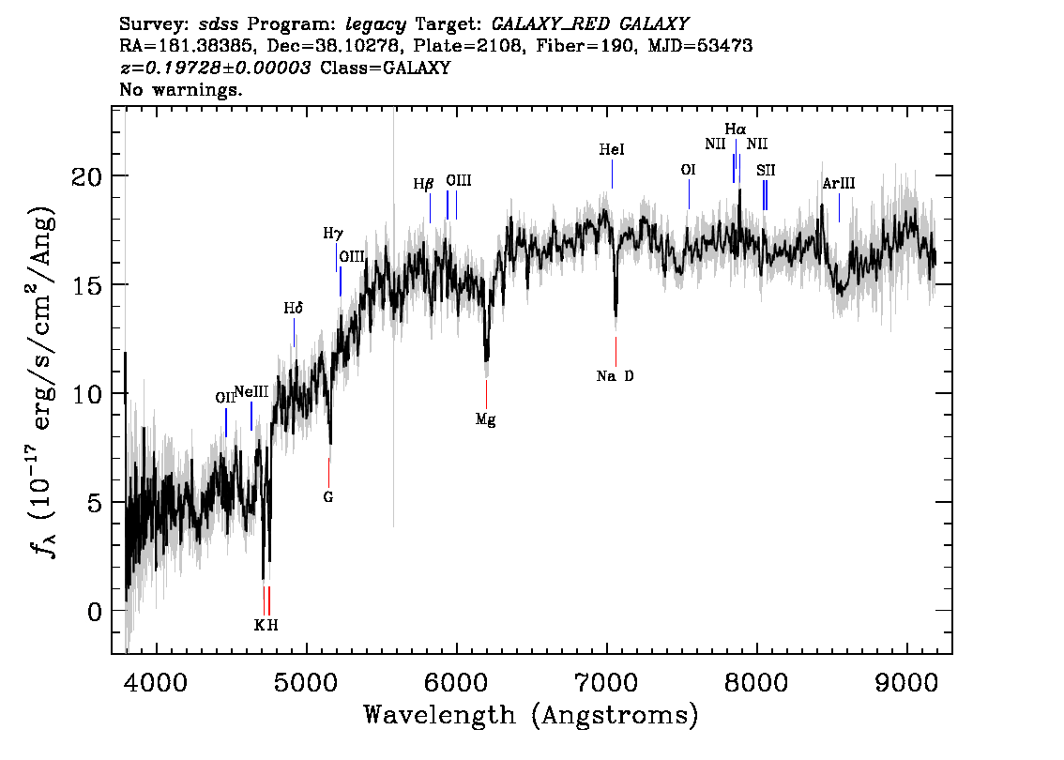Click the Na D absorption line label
click(615, 376)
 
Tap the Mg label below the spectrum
click(486, 420)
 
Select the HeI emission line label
click(612, 149)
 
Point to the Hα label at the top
click(736, 129)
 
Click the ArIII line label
click(839, 183)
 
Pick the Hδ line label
click(293, 308)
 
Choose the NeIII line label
click(251, 392)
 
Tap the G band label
click(328, 497)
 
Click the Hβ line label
click(423, 184)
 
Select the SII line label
click(766, 171)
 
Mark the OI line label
click(688, 170)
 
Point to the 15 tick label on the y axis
click(86, 285)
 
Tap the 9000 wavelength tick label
click(906, 682)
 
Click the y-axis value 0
click(95, 612)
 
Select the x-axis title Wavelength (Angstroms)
click(531, 715)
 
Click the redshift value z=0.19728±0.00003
click(215, 68)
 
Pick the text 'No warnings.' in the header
click(180, 89)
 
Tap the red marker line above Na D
click(616, 352)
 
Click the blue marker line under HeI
click(612, 174)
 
